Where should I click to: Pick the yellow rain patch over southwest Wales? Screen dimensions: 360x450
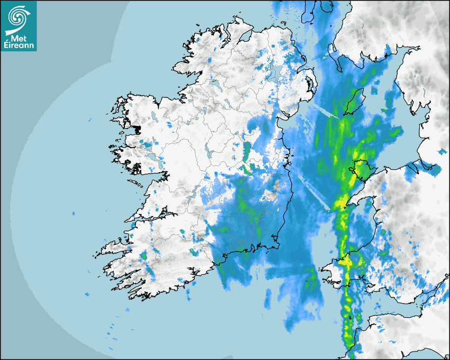tap(347, 261)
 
